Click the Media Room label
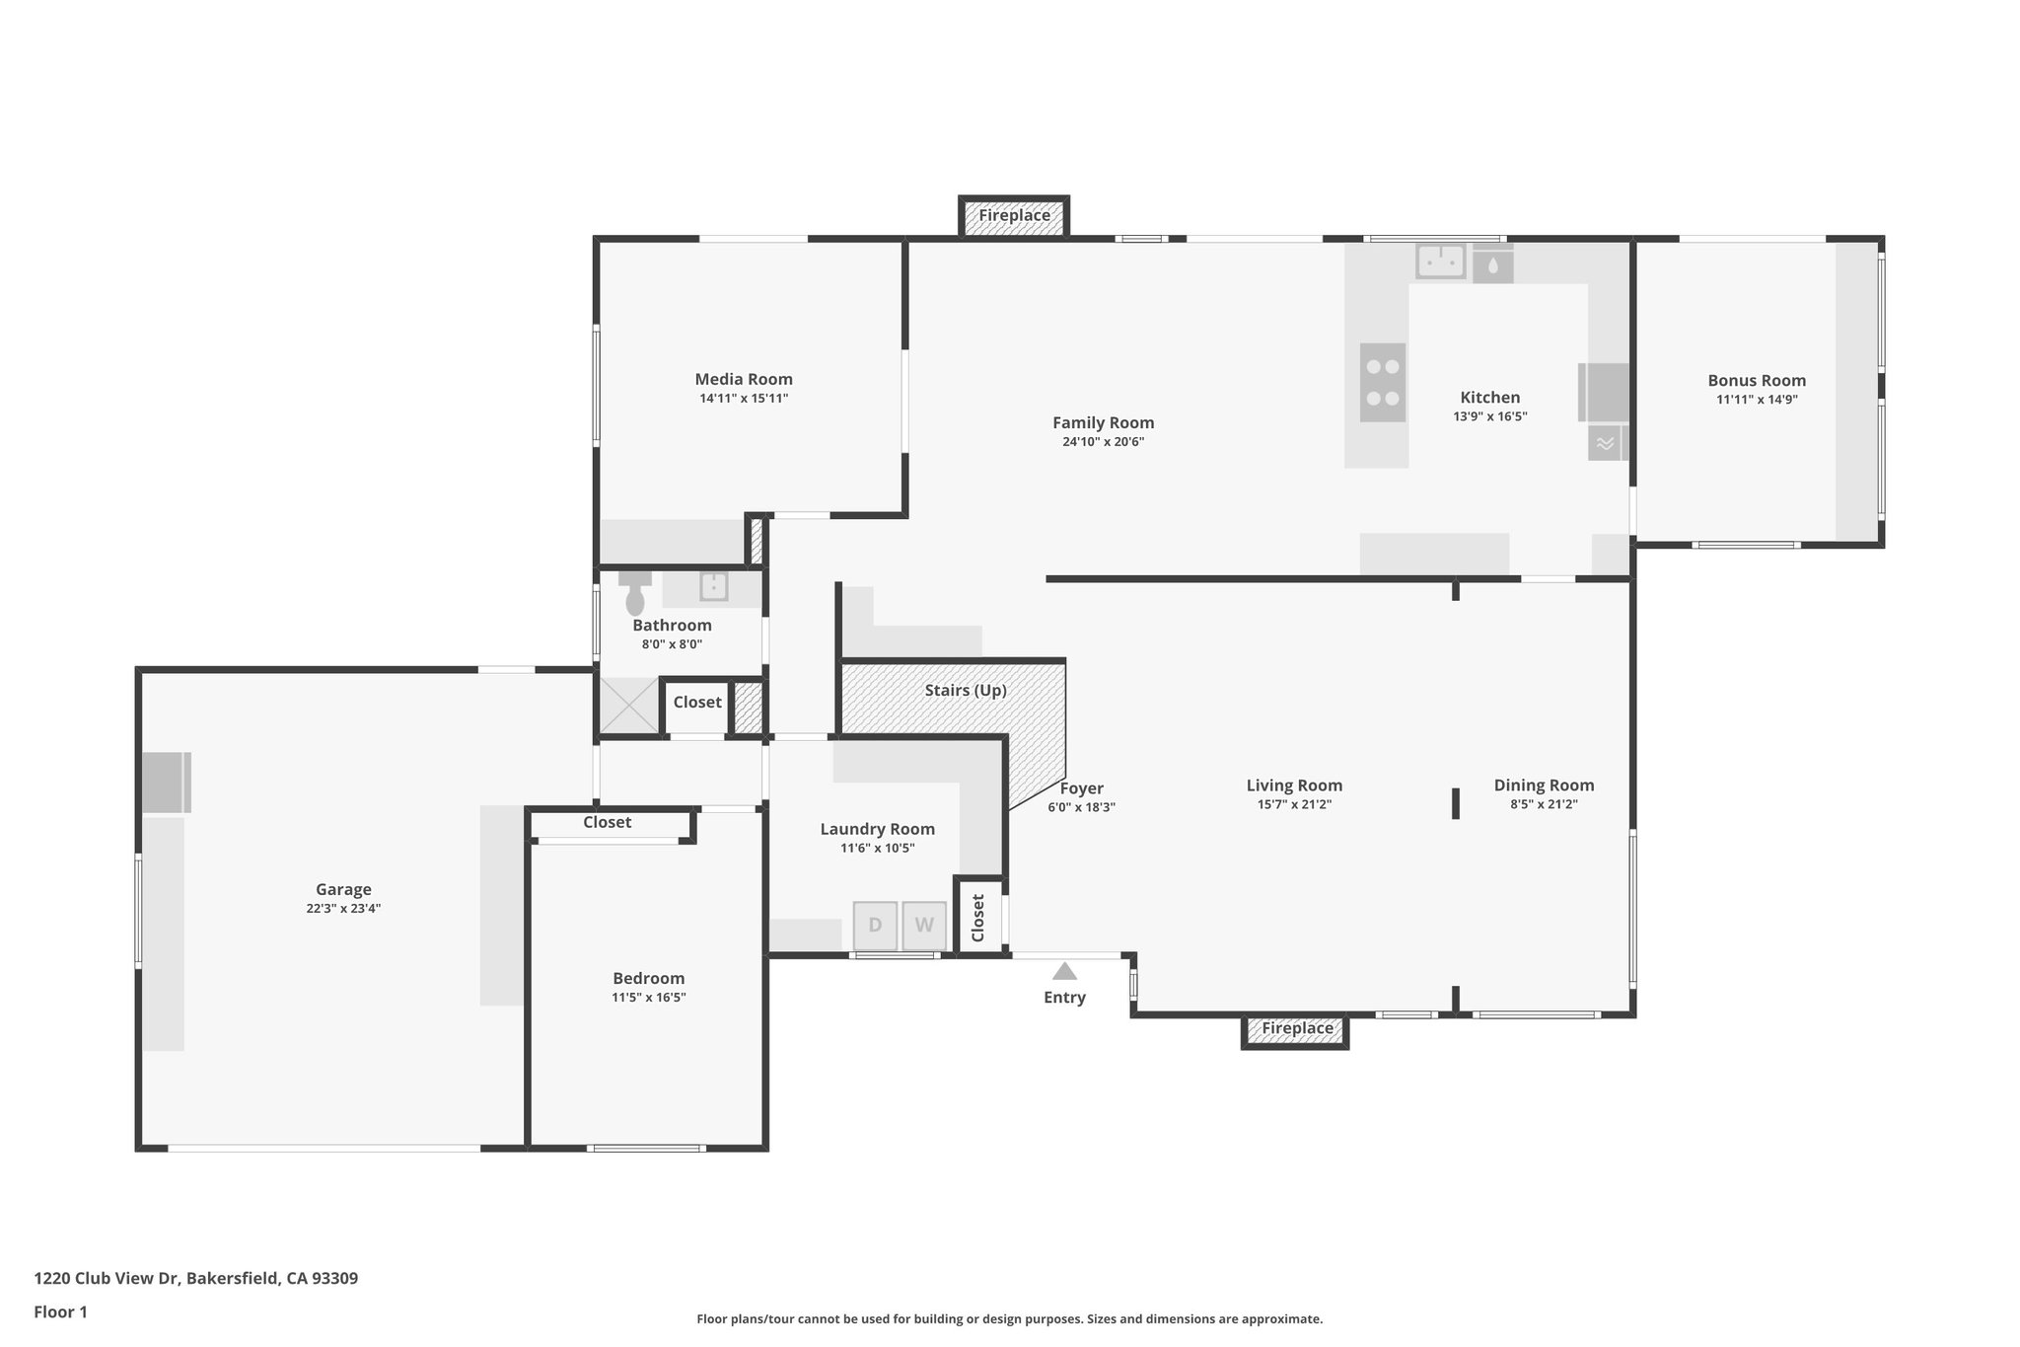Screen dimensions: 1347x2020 click(744, 379)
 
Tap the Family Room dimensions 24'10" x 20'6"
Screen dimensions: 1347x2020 click(1103, 442)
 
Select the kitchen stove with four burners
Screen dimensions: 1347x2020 click(1382, 382)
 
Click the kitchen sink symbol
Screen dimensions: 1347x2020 click(1441, 262)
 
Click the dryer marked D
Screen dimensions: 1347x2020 click(875, 926)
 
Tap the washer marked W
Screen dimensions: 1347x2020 click(924, 926)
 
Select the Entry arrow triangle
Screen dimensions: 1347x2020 click(1064, 971)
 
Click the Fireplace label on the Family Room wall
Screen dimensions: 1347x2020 click(1014, 215)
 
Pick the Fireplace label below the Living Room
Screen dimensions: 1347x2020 click(1297, 1028)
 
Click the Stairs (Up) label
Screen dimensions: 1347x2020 click(966, 690)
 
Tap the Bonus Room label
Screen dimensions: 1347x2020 click(1757, 380)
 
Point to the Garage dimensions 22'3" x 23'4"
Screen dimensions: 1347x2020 click(343, 909)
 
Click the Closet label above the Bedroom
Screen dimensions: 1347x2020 click(607, 822)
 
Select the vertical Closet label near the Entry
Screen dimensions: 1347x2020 click(978, 918)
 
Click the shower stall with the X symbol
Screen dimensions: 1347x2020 click(629, 705)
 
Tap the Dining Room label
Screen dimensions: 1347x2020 click(1544, 786)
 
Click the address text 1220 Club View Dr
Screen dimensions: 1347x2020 click(195, 1279)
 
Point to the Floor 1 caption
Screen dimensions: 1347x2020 click(61, 1312)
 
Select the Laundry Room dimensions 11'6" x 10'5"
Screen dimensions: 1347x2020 click(877, 848)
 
